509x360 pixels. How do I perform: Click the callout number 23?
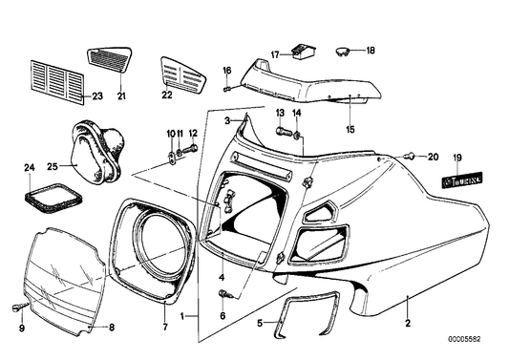tap(97, 96)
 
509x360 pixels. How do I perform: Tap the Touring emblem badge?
tap(462, 180)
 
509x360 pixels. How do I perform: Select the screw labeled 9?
tap(20, 307)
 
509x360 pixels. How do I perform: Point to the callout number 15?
tap(350, 129)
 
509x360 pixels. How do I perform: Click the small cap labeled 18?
tap(342, 51)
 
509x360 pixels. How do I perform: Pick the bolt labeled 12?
tap(191, 149)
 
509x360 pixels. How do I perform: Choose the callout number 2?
tap(408, 323)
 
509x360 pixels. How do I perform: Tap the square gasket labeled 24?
tap(53, 198)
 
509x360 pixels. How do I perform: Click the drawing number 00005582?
tap(464, 339)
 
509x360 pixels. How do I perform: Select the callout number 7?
tap(165, 327)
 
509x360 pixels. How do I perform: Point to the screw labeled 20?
tap(410, 157)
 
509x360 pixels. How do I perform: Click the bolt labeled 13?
tap(283, 132)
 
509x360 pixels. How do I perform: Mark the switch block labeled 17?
tap(305, 53)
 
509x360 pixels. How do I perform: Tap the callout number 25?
tap(53, 166)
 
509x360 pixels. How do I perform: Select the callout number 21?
tap(121, 96)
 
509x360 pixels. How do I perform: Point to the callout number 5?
tap(260, 324)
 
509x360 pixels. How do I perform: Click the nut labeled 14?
tap(297, 136)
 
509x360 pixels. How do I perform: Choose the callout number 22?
tap(167, 95)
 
